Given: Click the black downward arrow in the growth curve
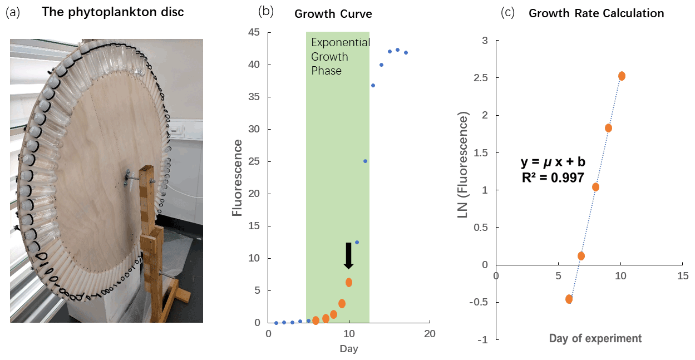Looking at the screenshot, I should point(349,256).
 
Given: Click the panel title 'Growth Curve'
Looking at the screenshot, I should point(333,14).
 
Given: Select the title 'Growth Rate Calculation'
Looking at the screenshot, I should point(596,13).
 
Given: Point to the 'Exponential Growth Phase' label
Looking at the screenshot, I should point(340,56).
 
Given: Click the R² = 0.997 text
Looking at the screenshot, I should point(552,177).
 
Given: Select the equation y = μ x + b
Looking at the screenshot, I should point(553,162).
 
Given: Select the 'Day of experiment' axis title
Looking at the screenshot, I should point(595,338).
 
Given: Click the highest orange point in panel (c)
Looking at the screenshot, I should point(622,76).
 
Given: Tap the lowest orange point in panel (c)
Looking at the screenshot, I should point(569,299).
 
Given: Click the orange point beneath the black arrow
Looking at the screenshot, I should point(349,282).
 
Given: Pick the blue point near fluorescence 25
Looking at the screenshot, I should point(365,161).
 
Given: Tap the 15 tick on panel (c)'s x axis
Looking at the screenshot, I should point(682,275).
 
